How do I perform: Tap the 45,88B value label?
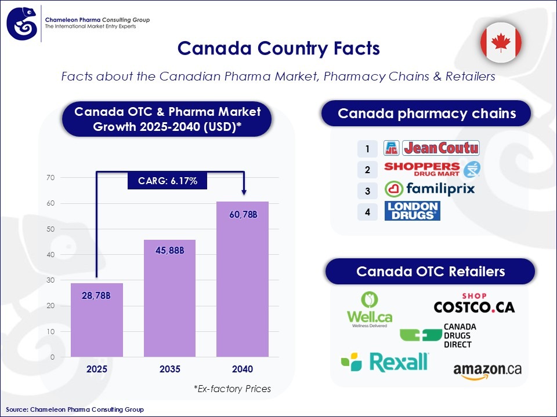169,251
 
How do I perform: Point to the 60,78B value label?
243,215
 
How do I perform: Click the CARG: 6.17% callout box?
168,181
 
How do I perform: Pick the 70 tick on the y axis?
50,178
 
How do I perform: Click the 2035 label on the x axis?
169,369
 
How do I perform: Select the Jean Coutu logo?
432,148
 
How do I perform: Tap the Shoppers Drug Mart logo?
432,169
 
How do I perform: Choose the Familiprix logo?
429,189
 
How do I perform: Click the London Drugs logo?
412,210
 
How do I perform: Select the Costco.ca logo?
474,303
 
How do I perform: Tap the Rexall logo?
385,362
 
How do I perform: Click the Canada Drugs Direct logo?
436,335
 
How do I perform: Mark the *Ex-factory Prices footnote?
232,389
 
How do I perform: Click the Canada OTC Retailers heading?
430,271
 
